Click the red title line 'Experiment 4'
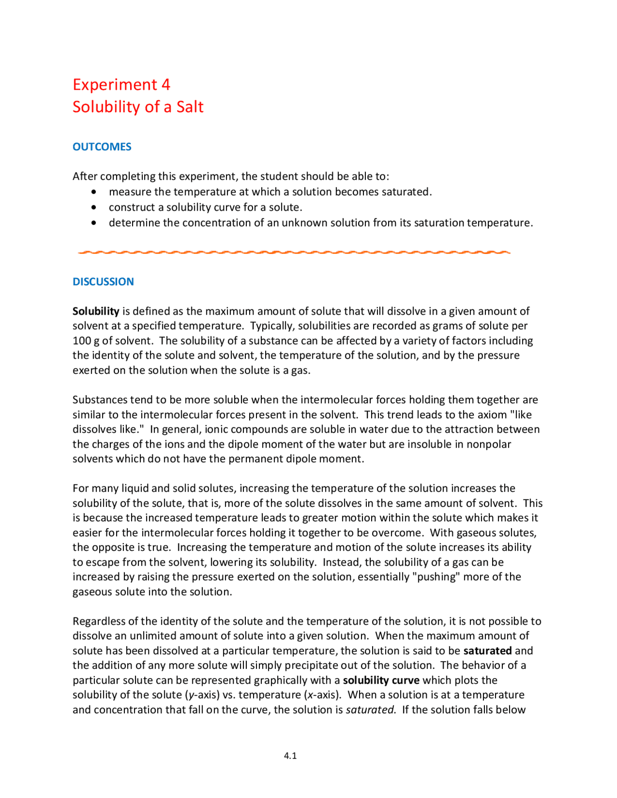[x=121, y=85]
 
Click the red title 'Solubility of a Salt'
[x=138, y=107]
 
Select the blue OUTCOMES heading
[x=102, y=147]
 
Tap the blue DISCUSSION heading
[x=103, y=282]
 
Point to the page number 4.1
[x=290, y=756]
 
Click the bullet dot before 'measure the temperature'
[x=94, y=192]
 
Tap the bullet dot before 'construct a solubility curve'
[x=94, y=208]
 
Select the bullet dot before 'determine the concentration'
[x=94, y=223]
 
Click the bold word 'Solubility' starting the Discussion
[x=95, y=311]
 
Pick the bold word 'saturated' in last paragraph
[x=487, y=651]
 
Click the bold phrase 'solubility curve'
[x=381, y=680]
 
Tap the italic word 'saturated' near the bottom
[x=370, y=710]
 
